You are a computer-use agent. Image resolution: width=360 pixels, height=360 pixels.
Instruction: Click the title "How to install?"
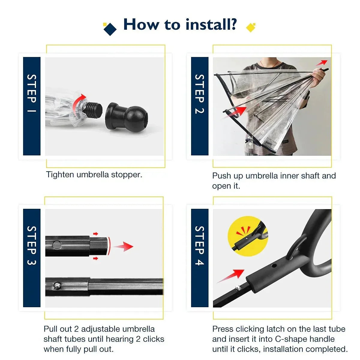[180, 24]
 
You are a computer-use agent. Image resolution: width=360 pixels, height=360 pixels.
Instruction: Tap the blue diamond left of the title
[110, 29]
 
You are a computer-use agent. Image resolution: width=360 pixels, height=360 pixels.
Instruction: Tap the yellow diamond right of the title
[250, 27]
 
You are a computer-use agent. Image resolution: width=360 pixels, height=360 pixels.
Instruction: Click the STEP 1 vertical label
[32, 93]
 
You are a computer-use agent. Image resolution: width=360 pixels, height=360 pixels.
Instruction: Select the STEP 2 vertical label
[199, 94]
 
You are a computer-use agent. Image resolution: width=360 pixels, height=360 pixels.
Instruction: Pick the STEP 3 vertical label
[32, 245]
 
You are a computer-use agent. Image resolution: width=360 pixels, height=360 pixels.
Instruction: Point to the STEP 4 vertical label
[199, 245]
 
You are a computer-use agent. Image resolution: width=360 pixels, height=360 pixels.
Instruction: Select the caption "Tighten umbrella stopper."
[94, 175]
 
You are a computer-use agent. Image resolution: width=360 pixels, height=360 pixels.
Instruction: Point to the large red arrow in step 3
[124, 247]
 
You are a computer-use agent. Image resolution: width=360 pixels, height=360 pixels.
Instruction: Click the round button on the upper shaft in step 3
[56, 245]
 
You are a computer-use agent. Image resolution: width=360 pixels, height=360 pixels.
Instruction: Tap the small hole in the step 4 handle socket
[274, 266]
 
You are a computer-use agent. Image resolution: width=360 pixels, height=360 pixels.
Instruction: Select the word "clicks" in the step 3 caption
[154, 339]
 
